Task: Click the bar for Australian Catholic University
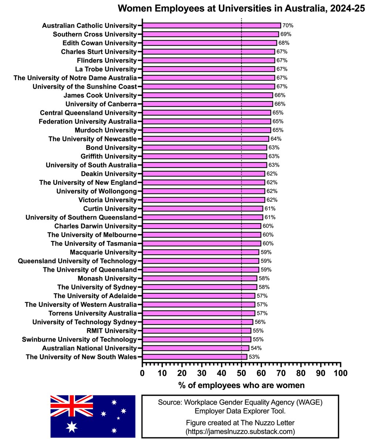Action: click(211, 25)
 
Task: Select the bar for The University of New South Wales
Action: click(195, 357)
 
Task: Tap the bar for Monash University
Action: click(199, 278)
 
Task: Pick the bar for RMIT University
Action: click(196, 331)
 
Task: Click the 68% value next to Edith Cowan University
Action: click(283, 43)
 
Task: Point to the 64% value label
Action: click(276, 139)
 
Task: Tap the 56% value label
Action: click(260, 322)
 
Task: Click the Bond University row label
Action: click(111, 147)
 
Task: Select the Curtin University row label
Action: click(110, 209)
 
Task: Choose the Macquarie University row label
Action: click(103, 252)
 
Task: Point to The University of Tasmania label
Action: click(94, 243)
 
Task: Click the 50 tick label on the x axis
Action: click(241, 373)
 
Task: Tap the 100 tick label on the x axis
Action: click(340, 373)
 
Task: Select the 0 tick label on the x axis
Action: click(142, 373)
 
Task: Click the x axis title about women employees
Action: click(241, 385)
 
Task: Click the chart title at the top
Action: click(241, 8)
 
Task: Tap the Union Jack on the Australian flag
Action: click(72, 406)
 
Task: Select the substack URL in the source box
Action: click(240, 431)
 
